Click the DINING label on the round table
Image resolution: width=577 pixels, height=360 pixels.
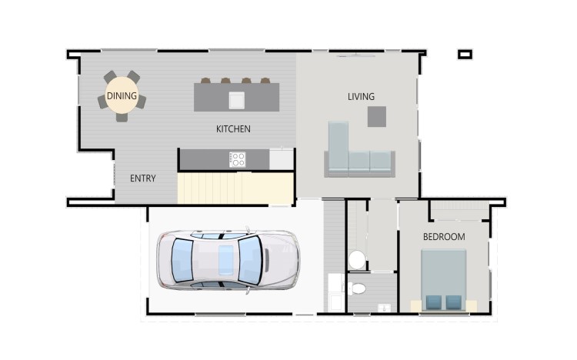[122, 96]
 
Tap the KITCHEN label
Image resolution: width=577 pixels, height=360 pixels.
[233, 128]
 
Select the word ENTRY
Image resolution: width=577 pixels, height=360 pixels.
[143, 178]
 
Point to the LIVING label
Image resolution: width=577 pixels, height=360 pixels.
[361, 96]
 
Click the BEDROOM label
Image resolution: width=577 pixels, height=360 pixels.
[444, 237]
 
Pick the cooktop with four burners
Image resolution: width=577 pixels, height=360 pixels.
[237, 160]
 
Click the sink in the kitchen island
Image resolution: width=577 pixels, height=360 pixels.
[236, 100]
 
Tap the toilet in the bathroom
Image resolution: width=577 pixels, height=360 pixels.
[356, 288]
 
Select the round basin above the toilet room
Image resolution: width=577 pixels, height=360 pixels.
[357, 260]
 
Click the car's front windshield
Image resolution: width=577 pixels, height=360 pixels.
[249, 260]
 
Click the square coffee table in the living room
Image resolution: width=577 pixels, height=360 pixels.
[376, 116]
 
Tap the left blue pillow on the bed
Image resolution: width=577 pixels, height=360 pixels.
[432, 302]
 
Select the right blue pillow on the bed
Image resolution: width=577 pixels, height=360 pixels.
[454, 302]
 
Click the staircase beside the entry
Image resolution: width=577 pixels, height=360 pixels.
[235, 188]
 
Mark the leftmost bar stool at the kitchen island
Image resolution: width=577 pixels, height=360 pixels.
[206, 80]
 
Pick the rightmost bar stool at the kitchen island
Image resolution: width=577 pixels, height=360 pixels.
[265, 80]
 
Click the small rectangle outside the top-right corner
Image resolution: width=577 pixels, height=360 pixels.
[465, 55]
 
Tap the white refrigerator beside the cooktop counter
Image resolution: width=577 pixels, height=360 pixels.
[282, 159]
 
